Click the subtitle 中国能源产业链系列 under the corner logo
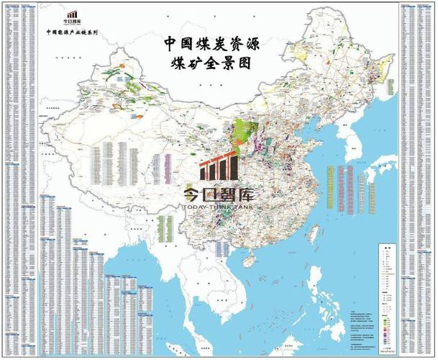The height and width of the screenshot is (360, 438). (x=71, y=32)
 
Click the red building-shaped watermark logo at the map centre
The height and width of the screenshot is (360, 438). (x=218, y=168)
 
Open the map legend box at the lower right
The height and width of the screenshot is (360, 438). (x=388, y=281)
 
